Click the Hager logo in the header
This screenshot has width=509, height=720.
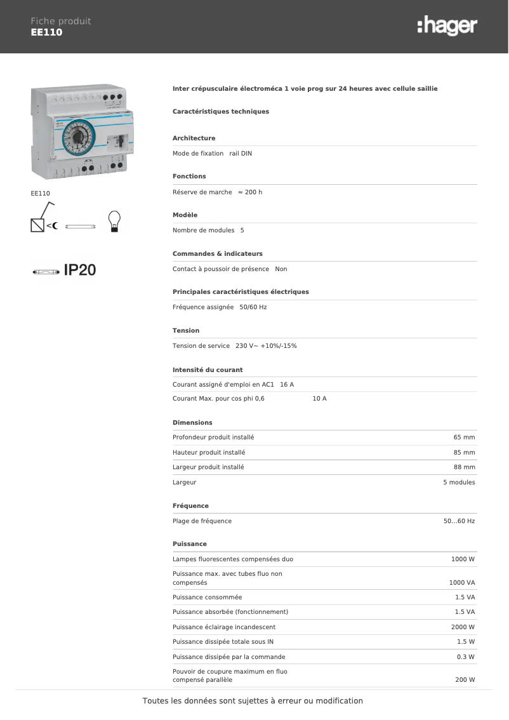(447, 26)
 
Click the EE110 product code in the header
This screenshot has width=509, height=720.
(47, 32)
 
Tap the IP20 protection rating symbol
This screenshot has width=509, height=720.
(79, 270)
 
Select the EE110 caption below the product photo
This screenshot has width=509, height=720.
(41, 193)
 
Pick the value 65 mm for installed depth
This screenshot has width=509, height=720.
(464, 437)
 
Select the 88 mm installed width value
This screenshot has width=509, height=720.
(464, 467)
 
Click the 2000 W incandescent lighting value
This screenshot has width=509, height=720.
(463, 627)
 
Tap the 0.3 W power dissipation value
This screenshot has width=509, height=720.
(465, 657)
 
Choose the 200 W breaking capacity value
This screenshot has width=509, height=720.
(465, 680)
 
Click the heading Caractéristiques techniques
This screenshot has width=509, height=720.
(221, 112)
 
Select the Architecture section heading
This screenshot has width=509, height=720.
(194, 138)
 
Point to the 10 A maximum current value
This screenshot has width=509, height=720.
(319, 399)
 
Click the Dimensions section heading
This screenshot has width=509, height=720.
(192, 423)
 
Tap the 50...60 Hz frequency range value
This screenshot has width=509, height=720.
(459, 521)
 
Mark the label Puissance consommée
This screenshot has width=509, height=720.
(207, 597)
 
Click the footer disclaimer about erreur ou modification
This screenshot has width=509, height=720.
(253, 701)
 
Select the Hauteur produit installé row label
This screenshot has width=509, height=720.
(209, 453)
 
